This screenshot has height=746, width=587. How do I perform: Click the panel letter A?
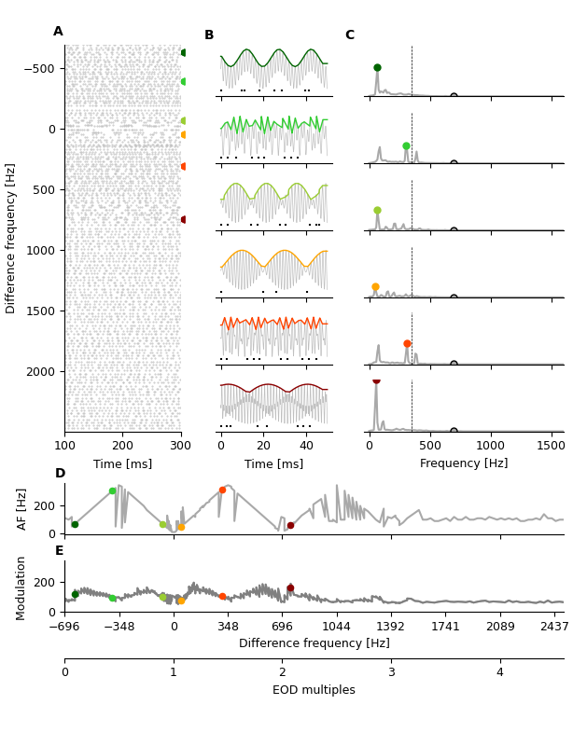(x=58, y=32)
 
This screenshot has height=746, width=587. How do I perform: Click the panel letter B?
(x=209, y=35)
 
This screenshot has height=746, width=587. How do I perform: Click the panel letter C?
(x=349, y=35)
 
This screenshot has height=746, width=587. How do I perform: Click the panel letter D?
(x=60, y=474)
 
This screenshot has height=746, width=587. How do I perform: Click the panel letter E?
(x=60, y=551)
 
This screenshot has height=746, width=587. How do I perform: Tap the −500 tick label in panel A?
(x=38, y=68)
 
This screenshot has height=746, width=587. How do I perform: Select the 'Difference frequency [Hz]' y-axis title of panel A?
(x=11, y=238)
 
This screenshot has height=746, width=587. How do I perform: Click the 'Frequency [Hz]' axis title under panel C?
(x=464, y=463)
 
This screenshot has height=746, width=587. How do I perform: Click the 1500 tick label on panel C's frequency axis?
(x=552, y=446)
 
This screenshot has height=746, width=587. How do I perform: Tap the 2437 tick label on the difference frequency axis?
(x=554, y=626)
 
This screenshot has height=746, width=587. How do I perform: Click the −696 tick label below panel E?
(x=64, y=626)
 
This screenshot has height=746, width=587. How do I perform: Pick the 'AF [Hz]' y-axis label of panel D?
(x=22, y=509)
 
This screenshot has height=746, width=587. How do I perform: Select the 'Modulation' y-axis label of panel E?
(x=22, y=587)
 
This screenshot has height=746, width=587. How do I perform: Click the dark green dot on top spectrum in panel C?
(x=377, y=67)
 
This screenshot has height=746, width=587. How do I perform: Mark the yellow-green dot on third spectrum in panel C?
(x=377, y=211)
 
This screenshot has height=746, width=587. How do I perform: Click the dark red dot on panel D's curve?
(x=290, y=526)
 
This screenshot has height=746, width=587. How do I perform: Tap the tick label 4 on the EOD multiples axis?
(x=499, y=672)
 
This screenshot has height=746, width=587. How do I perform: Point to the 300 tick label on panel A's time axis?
(x=181, y=446)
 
